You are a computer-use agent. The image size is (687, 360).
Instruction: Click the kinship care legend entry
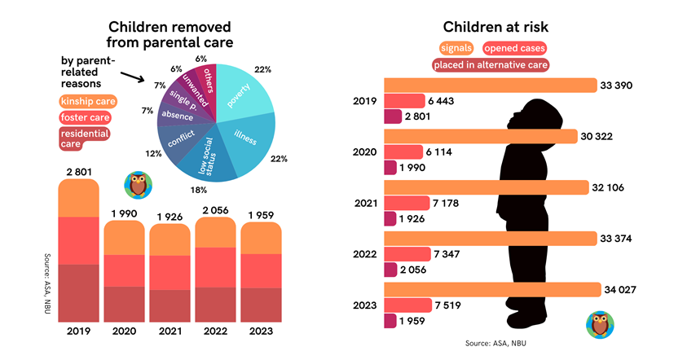pyautogui.click(x=89, y=102)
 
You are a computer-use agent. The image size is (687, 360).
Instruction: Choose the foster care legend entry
pyautogui.click(x=85, y=118)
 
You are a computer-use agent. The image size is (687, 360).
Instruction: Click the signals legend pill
pyautogui.click(x=458, y=49)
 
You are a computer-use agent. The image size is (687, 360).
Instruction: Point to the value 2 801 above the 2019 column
pyautogui.click(x=77, y=170)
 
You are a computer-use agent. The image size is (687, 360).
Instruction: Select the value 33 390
pyautogui.click(x=618, y=86)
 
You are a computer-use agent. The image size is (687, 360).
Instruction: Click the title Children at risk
pyautogui.click(x=495, y=27)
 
